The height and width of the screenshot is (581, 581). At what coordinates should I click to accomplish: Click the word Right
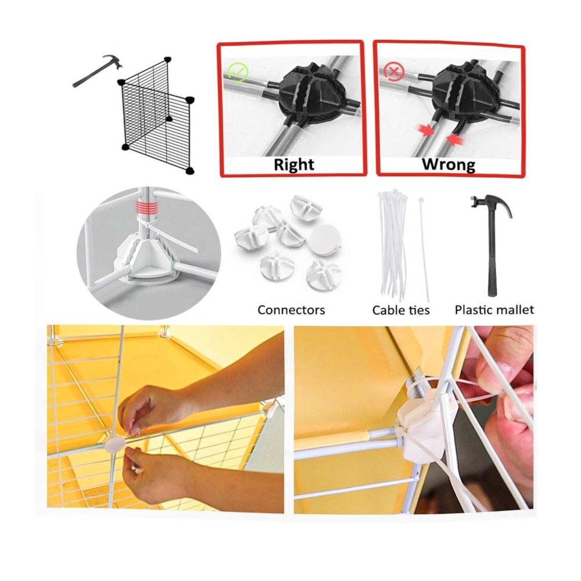click(x=294, y=164)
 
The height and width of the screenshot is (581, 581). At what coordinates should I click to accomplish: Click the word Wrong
click(x=449, y=164)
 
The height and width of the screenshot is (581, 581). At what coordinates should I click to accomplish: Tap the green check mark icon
click(x=238, y=72)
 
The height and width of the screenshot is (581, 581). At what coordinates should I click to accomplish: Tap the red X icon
click(x=393, y=71)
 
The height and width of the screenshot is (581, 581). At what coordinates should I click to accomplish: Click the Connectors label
click(x=291, y=310)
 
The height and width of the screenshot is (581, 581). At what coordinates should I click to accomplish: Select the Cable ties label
click(x=401, y=310)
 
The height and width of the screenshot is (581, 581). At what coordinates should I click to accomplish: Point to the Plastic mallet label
click(x=494, y=310)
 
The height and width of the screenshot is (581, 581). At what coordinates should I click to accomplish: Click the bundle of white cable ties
click(x=393, y=245)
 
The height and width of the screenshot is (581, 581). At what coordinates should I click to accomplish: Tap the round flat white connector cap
click(x=325, y=239)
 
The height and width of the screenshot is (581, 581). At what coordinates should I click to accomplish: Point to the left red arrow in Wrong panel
click(x=425, y=130)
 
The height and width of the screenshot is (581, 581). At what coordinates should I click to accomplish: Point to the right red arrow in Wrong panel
click(x=456, y=139)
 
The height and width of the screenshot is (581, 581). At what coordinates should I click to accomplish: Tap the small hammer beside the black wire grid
click(x=98, y=71)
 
